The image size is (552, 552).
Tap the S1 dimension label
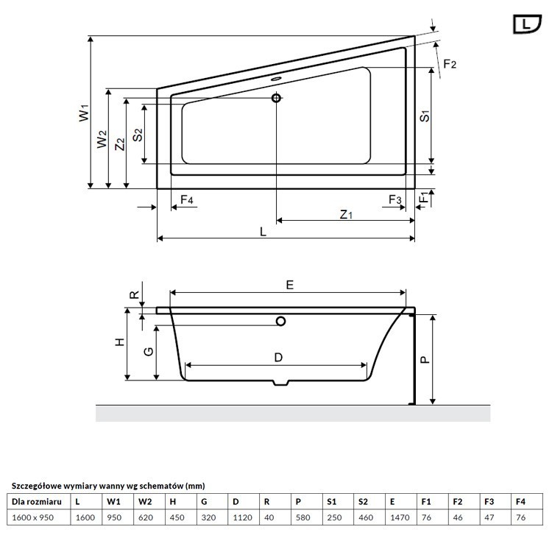point(425,115)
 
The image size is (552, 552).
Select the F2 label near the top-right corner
point(449,65)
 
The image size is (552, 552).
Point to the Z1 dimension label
point(346,215)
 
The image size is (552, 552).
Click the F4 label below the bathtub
point(186,199)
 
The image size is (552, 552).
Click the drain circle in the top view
point(277,98)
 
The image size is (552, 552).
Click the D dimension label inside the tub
point(278,358)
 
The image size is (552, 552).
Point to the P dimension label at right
point(425,358)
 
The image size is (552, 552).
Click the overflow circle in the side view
point(280,321)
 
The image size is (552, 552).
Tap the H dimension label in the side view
point(118,342)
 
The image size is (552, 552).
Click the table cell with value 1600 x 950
point(35,518)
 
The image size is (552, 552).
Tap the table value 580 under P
point(302,518)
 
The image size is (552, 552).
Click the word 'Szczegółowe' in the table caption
point(35,486)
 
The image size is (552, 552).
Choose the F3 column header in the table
point(489,502)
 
